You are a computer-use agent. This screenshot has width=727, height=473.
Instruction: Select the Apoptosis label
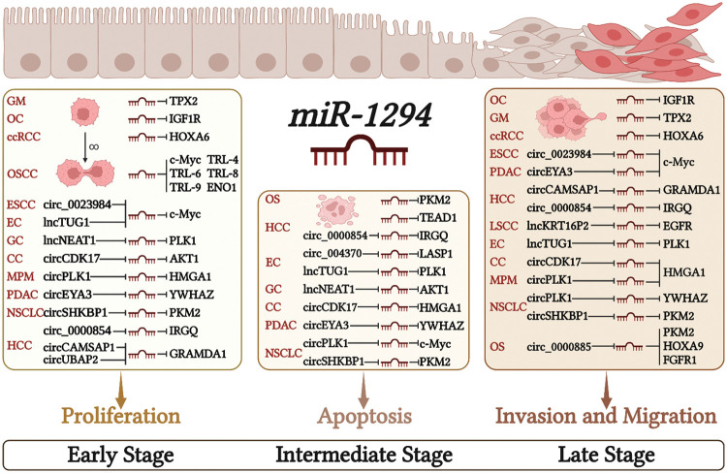(361, 416)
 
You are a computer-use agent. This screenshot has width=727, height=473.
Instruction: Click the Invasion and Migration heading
(606, 416)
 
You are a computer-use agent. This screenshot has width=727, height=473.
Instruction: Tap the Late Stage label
(606, 453)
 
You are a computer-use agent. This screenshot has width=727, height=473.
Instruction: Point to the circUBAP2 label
(77, 363)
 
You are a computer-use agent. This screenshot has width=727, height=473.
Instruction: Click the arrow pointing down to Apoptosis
(361, 385)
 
